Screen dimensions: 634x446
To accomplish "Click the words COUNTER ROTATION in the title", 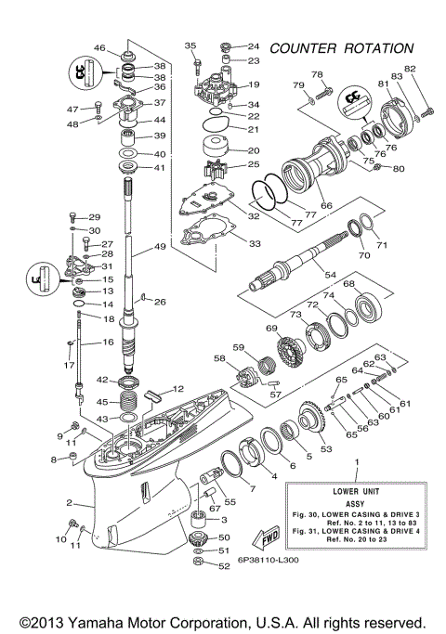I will [x=340, y=47].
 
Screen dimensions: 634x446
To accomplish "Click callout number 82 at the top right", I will [x=410, y=71].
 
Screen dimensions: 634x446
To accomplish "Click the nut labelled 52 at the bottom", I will [x=198, y=564].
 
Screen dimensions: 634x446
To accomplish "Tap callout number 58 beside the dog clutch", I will [x=220, y=357].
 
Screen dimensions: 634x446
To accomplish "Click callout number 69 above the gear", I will [x=272, y=329].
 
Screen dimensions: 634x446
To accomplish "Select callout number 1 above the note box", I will [x=355, y=461].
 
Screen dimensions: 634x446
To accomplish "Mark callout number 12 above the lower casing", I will [x=179, y=388].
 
